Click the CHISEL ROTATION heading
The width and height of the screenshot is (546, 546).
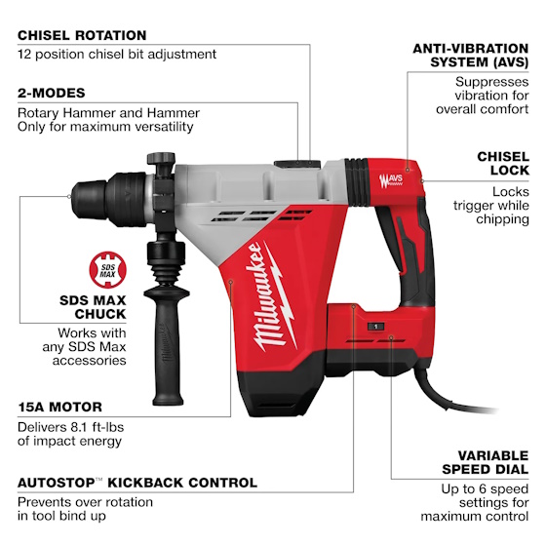[x=82, y=35]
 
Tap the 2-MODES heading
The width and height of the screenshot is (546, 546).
[x=52, y=93]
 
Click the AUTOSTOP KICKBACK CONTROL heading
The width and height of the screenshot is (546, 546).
[x=137, y=483]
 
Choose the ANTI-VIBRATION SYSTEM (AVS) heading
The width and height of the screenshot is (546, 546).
[x=471, y=55]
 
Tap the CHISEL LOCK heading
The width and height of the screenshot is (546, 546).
[x=503, y=164]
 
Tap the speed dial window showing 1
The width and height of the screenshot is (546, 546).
[x=376, y=330]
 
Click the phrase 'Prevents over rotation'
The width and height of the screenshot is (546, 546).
[x=86, y=502]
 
